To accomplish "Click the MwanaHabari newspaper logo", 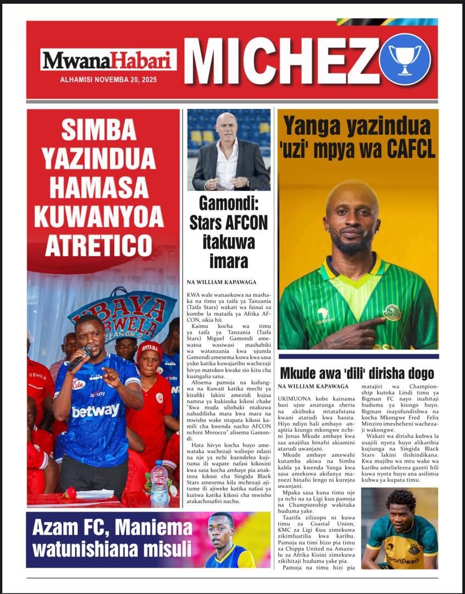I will [108, 59].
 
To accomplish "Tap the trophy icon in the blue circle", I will [405, 59].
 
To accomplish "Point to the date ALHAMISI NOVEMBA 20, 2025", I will [108, 80].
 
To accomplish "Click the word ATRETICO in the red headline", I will [98, 245].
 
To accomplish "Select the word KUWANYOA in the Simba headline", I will [103, 216].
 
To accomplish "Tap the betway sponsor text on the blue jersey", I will [95, 410].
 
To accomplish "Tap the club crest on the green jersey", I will [391, 312].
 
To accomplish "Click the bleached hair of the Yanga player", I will [352, 190].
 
